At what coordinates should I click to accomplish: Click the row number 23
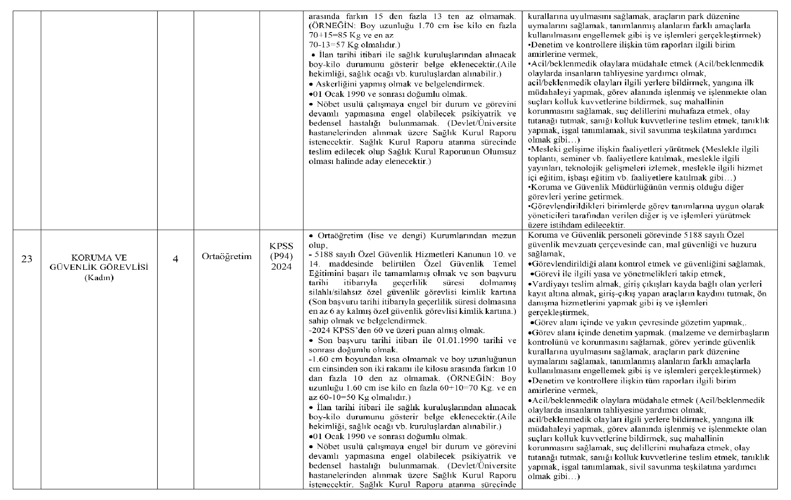tap(27, 259)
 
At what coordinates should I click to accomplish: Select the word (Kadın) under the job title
tap(99, 278)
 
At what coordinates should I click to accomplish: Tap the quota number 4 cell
tap(176, 259)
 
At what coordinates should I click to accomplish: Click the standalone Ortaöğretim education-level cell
tap(227, 256)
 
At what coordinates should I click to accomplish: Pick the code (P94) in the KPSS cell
tap(281, 256)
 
